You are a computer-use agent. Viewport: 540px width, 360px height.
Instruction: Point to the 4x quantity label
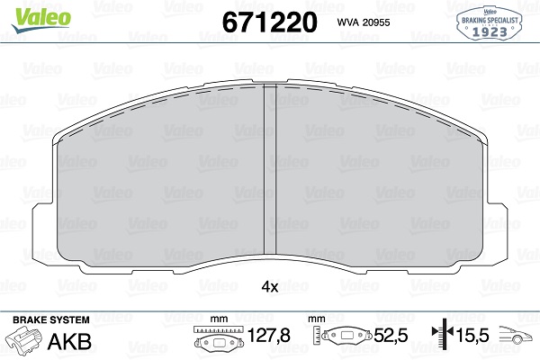click(x=269, y=286)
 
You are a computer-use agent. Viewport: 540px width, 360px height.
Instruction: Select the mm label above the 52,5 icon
click(x=315, y=319)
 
